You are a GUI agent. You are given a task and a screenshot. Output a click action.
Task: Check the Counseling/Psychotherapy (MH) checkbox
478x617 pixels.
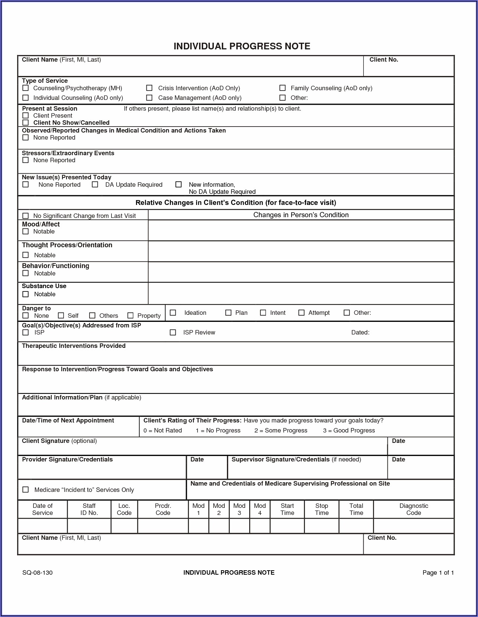pyautogui.click(x=26, y=88)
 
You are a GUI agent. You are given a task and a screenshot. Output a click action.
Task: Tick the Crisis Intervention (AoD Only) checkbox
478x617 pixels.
pyautogui.click(x=149, y=88)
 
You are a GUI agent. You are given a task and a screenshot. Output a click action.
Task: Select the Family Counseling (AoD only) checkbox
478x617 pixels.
pyautogui.click(x=283, y=88)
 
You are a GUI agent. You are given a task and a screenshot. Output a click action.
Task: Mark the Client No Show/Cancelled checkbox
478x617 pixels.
pyautogui.click(x=26, y=123)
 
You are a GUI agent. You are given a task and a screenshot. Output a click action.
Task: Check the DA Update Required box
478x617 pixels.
pyautogui.click(x=95, y=185)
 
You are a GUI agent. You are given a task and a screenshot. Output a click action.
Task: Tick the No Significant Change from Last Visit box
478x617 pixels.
pyautogui.click(x=26, y=216)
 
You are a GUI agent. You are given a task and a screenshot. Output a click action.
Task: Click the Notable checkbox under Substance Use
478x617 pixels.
pyautogui.click(x=26, y=294)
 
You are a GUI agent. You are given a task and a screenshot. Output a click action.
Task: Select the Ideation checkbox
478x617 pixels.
pyautogui.click(x=173, y=313)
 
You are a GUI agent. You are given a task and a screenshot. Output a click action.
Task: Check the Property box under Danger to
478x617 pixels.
pyautogui.click(x=130, y=316)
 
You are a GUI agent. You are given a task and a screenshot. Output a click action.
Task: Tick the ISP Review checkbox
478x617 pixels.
pyautogui.click(x=173, y=332)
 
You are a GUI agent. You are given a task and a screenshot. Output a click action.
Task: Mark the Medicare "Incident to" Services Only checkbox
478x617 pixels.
pyautogui.click(x=26, y=490)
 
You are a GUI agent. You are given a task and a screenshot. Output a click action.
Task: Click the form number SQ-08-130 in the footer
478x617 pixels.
pyautogui.click(x=38, y=572)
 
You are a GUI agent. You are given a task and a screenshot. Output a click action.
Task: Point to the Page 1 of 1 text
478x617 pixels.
pyautogui.click(x=438, y=572)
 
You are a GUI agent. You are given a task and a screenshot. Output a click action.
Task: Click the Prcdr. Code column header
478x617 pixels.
pyautogui.click(x=163, y=509)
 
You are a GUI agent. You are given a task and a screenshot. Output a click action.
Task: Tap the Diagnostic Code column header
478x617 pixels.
pyautogui.click(x=414, y=509)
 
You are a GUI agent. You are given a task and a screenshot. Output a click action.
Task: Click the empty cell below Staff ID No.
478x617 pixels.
pyautogui.click(x=89, y=526)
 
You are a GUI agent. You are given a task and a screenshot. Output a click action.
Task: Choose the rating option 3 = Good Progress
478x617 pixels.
pyautogui.click(x=349, y=430)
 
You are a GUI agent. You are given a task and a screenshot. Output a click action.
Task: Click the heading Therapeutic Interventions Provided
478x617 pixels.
pyautogui.click(x=74, y=346)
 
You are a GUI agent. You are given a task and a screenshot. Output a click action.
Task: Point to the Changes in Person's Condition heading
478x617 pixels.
pyautogui.click(x=301, y=215)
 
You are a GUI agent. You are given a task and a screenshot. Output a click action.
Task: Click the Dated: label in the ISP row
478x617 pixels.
pyautogui.click(x=360, y=332)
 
